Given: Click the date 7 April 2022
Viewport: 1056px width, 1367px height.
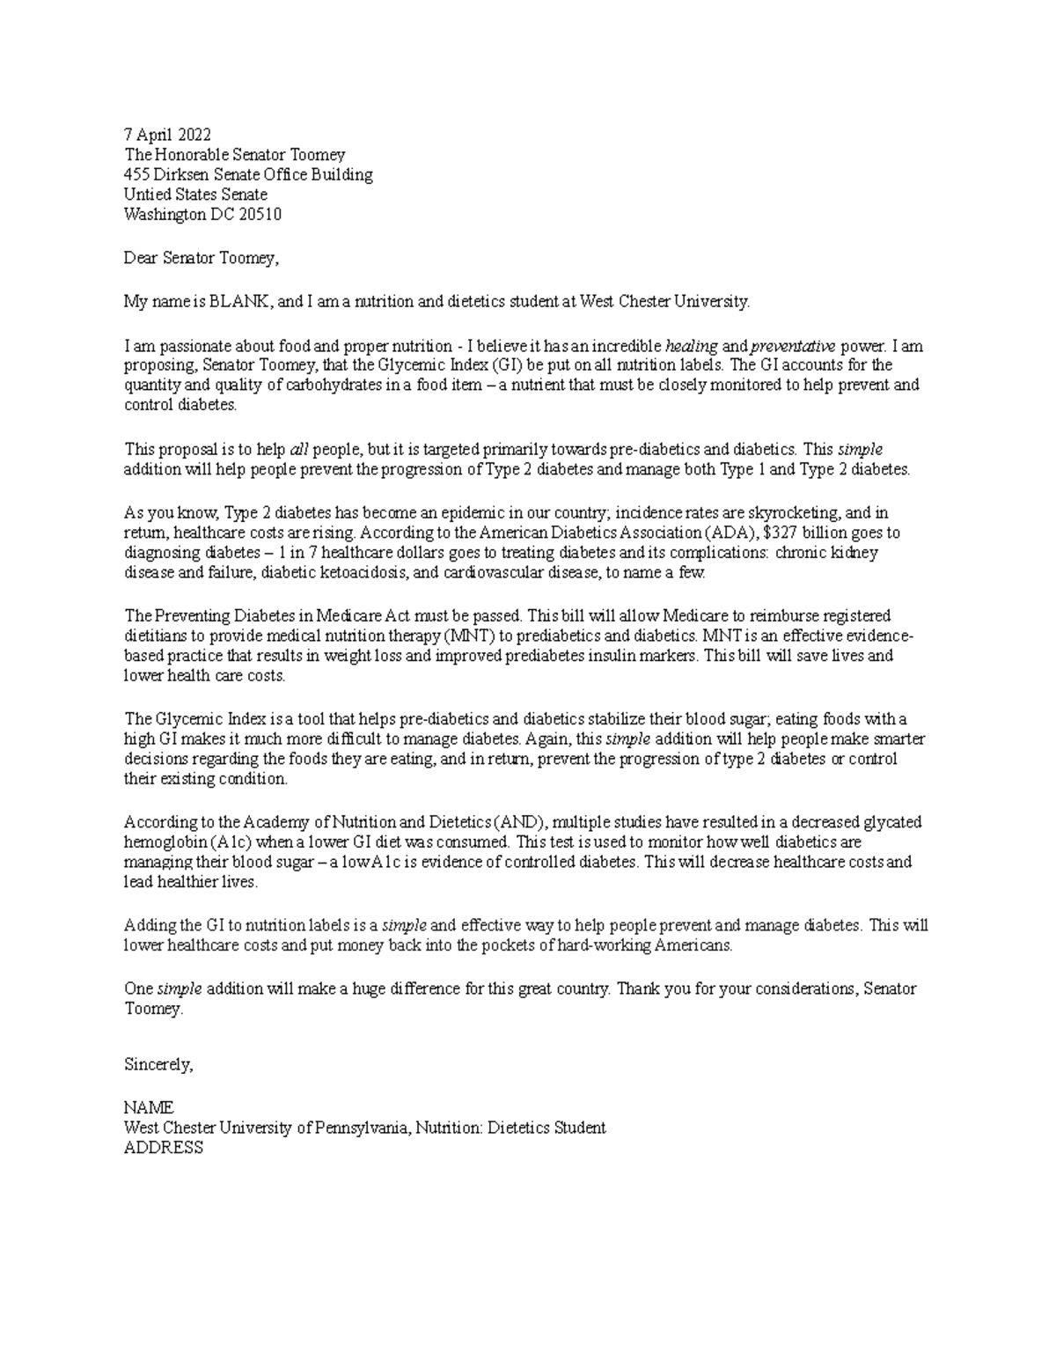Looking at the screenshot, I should [167, 135].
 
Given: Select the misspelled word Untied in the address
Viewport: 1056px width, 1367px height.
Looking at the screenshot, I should [146, 195].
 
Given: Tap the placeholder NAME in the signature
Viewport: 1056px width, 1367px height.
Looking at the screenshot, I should [148, 1107].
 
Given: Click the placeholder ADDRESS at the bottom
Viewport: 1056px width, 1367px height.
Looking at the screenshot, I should [163, 1148].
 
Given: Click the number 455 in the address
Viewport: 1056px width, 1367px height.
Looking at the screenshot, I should [136, 174].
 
